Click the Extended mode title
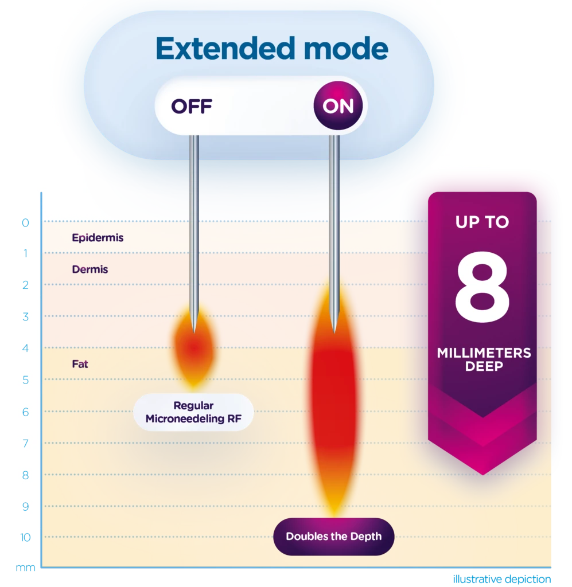pyautogui.click(x=271, y=48)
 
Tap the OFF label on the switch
pyautogui.click(x=192, y=106)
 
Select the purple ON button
pyautogui.click(x=338, y=105)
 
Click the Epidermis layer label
pyautogui.click(x=98, y=238)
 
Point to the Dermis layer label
pyautogui.click(x=90, y=269)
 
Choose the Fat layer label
pyautogui.click(x=80, y=364)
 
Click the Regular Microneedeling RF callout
pyautogui.click(x=193, y=412)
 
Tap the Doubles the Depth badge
pyautogui.click(x=334, y=537)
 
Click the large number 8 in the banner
pyautogui.click(x=482, y=287)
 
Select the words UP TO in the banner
pyautogui.click(x=482, y=222)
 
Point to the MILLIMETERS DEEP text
pyautogui.click(x=484, y=359)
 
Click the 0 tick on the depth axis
pyautogui.click(x=25, y=223)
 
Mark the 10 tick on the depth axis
pyautogui.click(x=25, y=538)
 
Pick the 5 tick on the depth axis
pyautogui.click(x=25, y=381)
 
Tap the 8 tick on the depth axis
pyautogui.click(x=25, y=475)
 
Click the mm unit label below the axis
pyautogui.click(x=25, y=568)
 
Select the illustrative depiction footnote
pyautogui.click(x=502, y=579)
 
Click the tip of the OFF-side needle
pyautogui.click(x=194, y=333)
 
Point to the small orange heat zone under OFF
pyautogui.click(x=194, y=346)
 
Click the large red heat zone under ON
pyautogui.click(x=334, y=397)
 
